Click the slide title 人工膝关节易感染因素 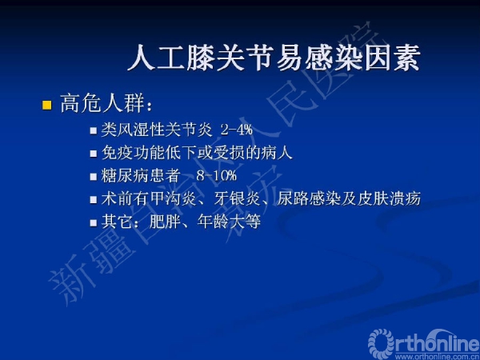[273, 58]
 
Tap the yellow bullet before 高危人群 [47, 105]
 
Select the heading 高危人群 [102, 103]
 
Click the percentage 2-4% [237, 130]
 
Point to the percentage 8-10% [217, 175]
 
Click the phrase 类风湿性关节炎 [157, 130]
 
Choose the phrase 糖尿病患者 [141, 175]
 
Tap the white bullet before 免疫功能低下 [94, 154]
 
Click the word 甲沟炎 [174, 198]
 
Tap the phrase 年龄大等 [229, 222]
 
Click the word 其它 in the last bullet [117, 222]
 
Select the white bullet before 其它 [94, 222]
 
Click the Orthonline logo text [424, 342]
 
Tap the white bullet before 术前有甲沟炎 [94, 199]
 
